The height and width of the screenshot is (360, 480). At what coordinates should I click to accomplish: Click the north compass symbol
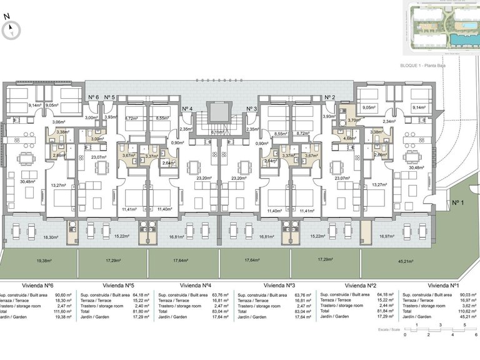pos(11,29)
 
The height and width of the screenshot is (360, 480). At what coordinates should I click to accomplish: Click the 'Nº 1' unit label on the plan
pos(460,202)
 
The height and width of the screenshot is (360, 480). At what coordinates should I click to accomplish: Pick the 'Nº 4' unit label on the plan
pos(187,109)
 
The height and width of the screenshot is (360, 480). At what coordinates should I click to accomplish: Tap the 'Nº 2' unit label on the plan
pos(330,97)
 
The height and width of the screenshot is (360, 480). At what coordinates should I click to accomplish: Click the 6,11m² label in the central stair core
pos(218,132)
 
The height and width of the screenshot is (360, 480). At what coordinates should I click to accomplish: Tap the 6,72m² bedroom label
pos(131,117)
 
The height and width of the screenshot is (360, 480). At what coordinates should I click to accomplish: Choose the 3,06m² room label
pos(58,122)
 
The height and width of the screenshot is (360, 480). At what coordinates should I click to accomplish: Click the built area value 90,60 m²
pos(63,294)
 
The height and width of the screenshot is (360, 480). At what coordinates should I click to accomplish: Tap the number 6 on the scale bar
pos(476,335)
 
